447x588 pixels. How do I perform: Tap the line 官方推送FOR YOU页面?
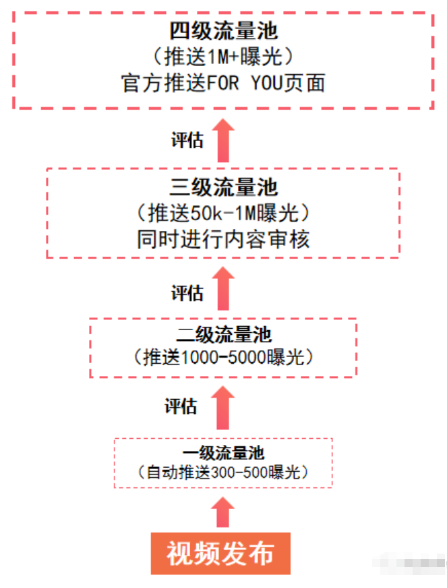tap(223, 82)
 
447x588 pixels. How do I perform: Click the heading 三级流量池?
tap(223, 187)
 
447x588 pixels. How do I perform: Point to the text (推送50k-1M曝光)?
tap(223, 213)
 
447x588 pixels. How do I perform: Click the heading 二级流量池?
tap(223, 334)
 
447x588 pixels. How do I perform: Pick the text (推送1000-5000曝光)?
tap(223, 356)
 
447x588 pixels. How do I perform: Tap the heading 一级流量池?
tap(223, 452)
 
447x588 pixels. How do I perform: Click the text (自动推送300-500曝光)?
tap(223, 473)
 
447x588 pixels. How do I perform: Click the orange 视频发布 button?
tap(220, 554)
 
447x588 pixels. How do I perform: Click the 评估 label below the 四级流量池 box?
tap(187, 140)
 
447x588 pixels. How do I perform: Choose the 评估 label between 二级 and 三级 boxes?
tap(187, 293)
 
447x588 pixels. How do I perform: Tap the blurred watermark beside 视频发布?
tap(411, 563)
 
